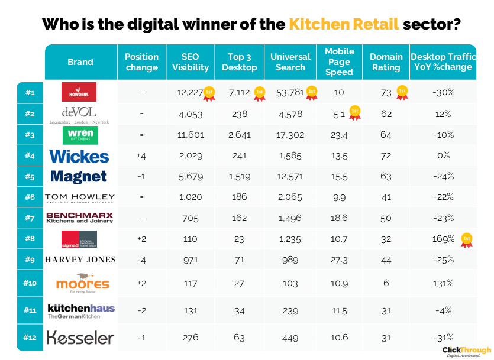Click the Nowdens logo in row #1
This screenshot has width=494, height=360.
coord(79,92)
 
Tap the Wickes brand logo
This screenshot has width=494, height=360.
coord(79,155)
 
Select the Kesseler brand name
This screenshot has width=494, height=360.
coord(80,338)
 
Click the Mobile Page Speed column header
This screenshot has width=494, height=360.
coord(339,62)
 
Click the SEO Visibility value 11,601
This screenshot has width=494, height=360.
coord(190,135)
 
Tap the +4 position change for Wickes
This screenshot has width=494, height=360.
coord(141,155)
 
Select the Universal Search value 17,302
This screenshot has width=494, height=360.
coord(290,135)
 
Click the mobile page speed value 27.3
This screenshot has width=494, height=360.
coord(339,260)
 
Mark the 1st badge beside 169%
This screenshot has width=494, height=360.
coord(467,239)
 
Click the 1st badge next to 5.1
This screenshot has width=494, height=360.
coord(354,112)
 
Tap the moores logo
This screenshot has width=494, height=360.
coord(82,283)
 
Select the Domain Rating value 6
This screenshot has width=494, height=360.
coord(386,283)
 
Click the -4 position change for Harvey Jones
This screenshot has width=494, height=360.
coord(141,260)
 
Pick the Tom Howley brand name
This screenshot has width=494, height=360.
coord(79,197)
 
